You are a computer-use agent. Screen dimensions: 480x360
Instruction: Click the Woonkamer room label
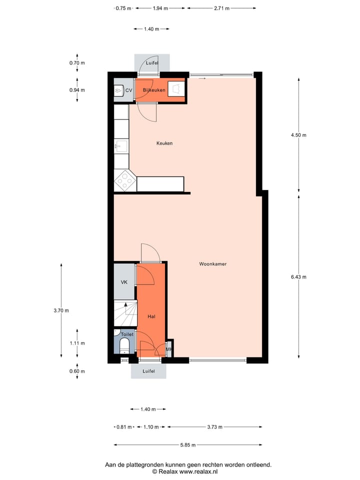click(213, 264)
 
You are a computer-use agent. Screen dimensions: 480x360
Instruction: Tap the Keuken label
click(164, 143)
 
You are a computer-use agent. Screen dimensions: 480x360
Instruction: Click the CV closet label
click(128, 90)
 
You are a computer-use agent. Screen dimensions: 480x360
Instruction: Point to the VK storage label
click(124, 282)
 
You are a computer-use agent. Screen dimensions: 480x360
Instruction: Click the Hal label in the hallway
click(151, 316)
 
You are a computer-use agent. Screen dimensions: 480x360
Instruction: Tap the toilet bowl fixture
click(124, 345)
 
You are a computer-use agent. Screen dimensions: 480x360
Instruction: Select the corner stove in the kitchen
click(124, 180)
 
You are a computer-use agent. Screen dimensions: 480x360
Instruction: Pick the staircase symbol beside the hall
click(124, 313)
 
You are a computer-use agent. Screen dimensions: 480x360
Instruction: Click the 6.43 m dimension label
click(299, 277)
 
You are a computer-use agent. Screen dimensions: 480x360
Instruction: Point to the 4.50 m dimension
click(299, 135)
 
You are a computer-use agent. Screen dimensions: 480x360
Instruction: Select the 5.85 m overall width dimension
click(188, 445)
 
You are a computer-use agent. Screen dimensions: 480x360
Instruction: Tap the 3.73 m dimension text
click(215, 427)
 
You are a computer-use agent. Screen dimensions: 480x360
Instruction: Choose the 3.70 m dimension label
click(61, 310)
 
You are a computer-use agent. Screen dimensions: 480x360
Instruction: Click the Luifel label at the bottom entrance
click(148, 371)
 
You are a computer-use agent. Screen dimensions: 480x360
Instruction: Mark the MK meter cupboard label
click(169, 349)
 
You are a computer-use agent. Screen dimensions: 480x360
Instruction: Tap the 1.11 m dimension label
click(77, 343)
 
